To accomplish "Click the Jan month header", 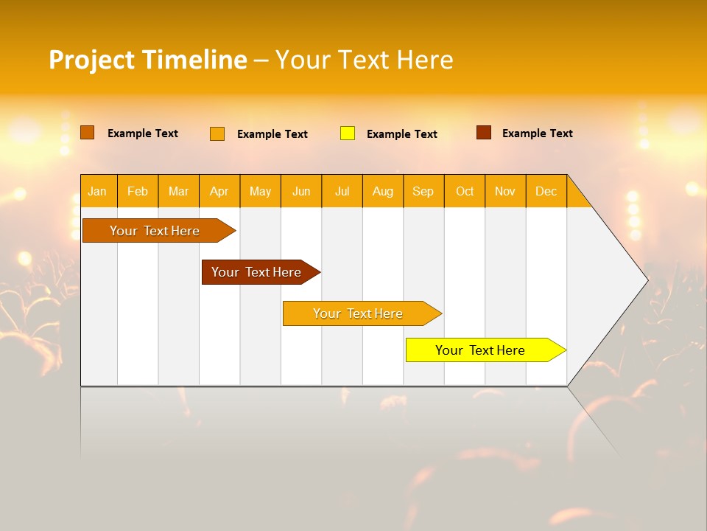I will click(x=97, y=191).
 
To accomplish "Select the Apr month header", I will click(x=219, y=191).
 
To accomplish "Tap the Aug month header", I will click(x=382, y=191).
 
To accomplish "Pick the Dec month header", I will click(x=546, y=191).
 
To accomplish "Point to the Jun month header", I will click(x=301, y=191).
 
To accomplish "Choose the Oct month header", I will click(x=465, y=191).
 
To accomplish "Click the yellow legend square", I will click(x=348, y=133).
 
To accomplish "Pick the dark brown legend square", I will click(x=483, y=133).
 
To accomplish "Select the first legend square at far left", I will click(x=87, y=133).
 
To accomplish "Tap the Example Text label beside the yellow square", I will click(x=401, y=134).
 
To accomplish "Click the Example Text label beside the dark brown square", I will click(x=537, y=133).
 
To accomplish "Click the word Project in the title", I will click(x=92, y=60).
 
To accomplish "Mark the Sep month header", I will click(x=423, y=191).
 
